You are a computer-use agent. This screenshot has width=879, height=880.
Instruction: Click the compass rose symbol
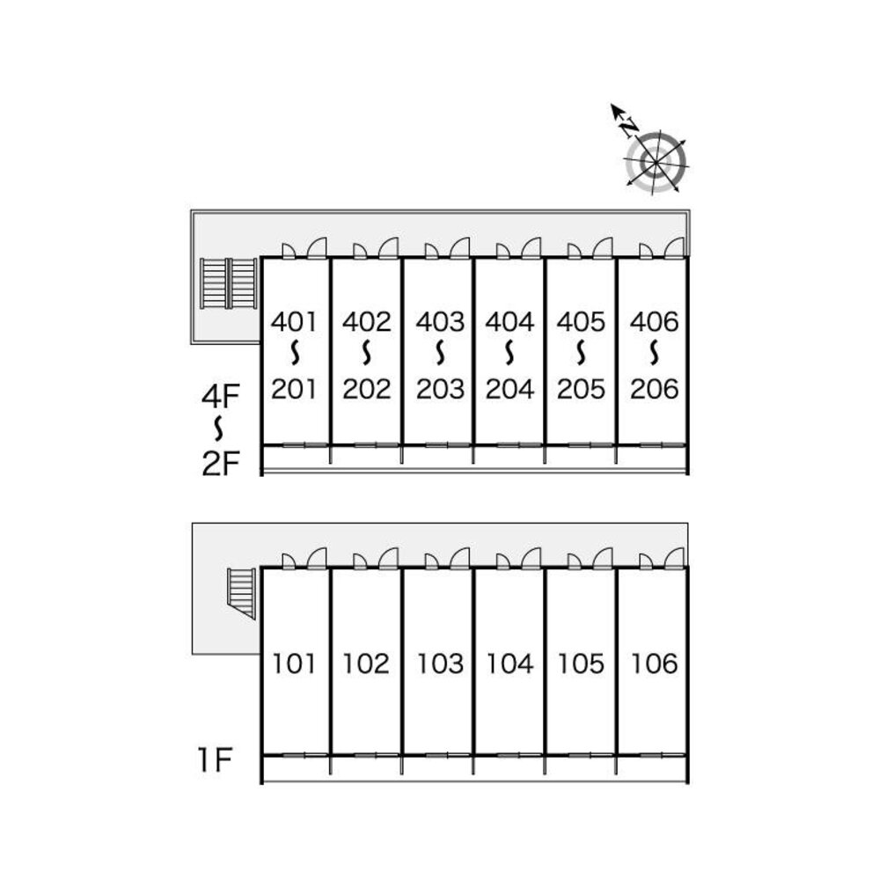tap(656, 162)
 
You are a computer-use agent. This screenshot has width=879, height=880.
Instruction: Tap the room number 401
tap(294, 322)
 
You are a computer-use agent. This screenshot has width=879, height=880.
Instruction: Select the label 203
tap(439, 388)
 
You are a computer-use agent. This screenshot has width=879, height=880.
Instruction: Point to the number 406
tap(655, 322)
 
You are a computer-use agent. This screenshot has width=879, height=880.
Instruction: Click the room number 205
tap(582, 388)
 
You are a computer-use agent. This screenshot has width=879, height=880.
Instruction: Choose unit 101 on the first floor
tap(294, 663)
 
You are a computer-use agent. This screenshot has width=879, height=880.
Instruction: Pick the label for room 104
tap(510, 663)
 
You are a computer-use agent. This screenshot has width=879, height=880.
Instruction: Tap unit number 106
tap(655, 663)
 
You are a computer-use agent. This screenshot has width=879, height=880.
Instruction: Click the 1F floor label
tap(214, 759)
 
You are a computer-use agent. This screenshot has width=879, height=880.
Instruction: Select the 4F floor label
tap(220, 397)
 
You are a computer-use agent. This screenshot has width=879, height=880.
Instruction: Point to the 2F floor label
tap(220, 462)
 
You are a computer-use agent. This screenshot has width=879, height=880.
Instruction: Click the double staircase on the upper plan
tap(228, 282)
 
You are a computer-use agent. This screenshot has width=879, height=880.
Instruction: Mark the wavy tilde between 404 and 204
tap(510, 355)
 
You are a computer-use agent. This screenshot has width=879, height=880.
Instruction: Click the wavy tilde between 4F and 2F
tap(220, 429)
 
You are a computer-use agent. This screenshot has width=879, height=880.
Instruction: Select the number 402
tap(367, 322)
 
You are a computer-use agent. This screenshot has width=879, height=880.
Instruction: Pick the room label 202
tap(367, 388)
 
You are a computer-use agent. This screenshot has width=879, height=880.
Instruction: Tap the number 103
tap(439, 663)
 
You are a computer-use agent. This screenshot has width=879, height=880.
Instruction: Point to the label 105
tap(582, 663)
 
